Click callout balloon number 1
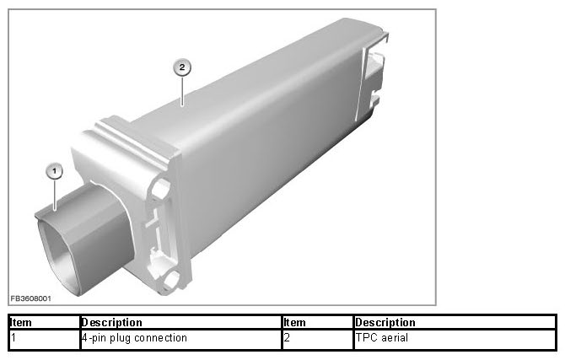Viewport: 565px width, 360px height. (x=55, y=171)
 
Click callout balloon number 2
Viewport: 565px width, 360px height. (x=182, y=67)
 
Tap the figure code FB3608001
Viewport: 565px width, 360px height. (x=30, y=298)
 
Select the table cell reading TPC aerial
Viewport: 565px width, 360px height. (x=455, y=338)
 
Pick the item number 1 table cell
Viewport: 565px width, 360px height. (x=44, y=338)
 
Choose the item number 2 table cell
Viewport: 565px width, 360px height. (x=317, y=338)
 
